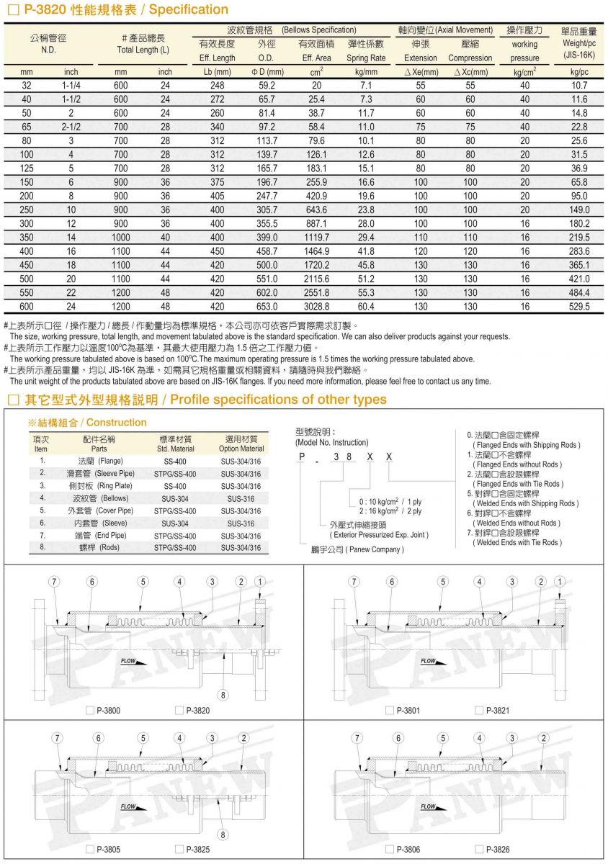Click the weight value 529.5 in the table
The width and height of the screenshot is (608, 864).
point(579,306)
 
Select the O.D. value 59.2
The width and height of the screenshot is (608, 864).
point(267,85)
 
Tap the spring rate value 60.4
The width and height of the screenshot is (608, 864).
point(366,306)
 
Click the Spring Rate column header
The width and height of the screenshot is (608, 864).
point(366,58)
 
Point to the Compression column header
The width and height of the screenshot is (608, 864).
point(470,58)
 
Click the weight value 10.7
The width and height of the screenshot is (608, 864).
point(579,85)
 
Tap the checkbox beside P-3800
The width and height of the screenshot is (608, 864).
point(90,711)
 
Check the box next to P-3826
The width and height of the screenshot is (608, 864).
point(479,850)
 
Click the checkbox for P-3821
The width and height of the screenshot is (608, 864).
point(479,711)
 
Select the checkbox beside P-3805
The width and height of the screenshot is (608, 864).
point(90,850)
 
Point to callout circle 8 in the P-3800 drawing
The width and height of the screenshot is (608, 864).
point(223,695)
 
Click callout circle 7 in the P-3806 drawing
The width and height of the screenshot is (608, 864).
point(357,738)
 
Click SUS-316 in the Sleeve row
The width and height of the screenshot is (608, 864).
point(241,523)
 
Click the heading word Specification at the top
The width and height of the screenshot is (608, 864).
point(189,10)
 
